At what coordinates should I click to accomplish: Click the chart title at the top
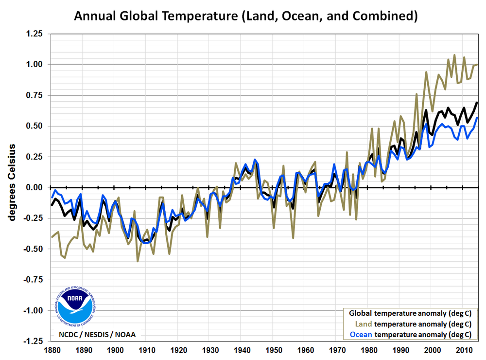coord(245,16)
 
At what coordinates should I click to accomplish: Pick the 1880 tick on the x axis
coord(52,350)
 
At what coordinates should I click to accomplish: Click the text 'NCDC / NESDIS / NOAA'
coord(97,334)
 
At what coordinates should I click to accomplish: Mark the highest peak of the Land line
coord(454,55)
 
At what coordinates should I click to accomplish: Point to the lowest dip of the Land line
coord(138,261)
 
